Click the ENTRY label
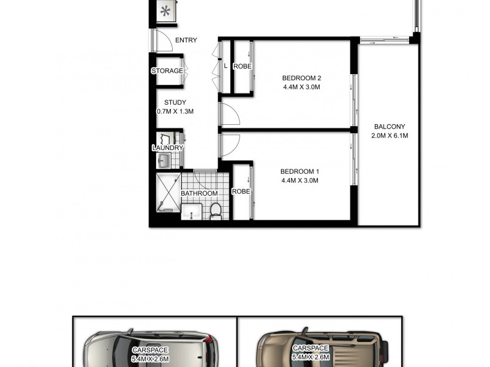tap(186, 40)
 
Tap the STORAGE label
tap(167, 71)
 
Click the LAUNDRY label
tap(167, 148)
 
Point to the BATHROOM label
tap(199, 194)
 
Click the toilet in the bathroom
tap(216, 211)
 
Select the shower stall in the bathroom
tap(165, 193)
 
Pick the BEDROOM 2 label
tap(301, 78)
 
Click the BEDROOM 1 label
tap(300, 171)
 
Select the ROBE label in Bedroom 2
tap(243, 66)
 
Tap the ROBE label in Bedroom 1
tap(241, 191)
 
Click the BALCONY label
tap(390, 127)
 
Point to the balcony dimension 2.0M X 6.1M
tap(390, 136)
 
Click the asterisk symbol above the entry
tap(165, 11)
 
